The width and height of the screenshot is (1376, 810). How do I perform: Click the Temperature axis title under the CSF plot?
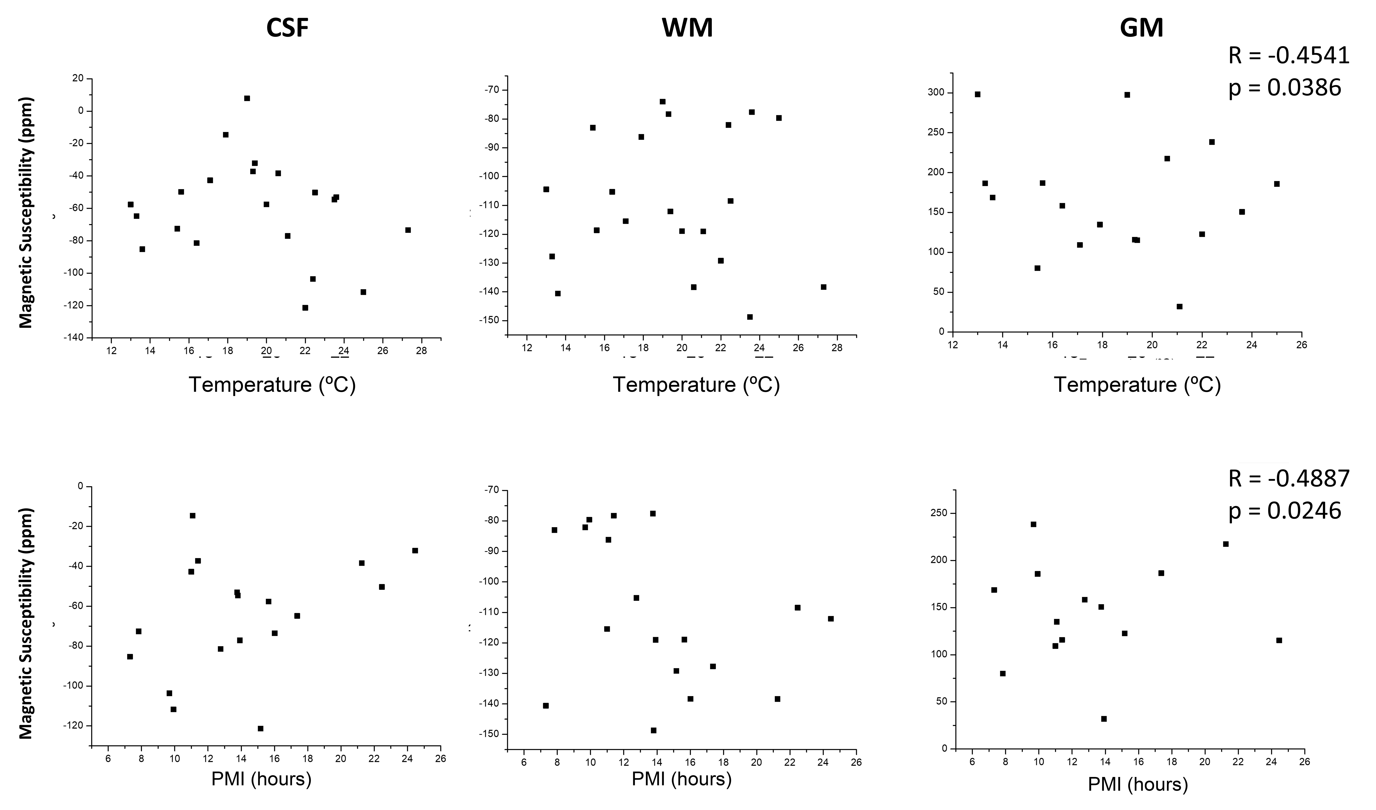pos(272,385)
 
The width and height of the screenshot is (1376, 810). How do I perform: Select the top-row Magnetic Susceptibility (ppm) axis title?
pos(26,213)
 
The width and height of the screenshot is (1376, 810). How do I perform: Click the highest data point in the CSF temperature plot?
pos(247,98)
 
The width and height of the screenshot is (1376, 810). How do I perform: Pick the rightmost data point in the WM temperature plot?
pos(823,287)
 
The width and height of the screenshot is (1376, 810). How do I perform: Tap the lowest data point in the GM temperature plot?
pos(1179,307)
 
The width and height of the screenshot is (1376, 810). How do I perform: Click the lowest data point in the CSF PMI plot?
pos(261,728)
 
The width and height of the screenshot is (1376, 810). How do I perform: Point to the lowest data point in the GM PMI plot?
pos(1103,719)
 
